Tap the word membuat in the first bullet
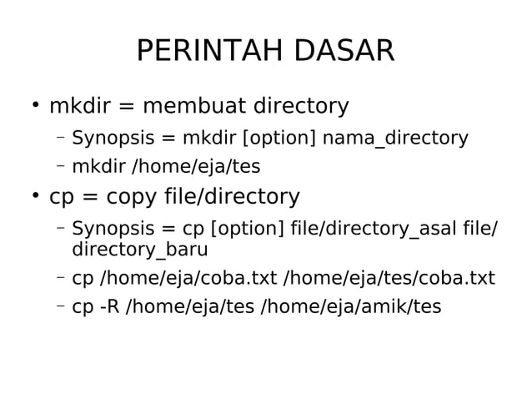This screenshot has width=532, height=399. click(196, 107)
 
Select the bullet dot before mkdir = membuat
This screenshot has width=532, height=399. click(35, 106)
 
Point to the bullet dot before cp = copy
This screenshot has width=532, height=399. click(35, 196)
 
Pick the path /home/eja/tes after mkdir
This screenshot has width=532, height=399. click(197, 167)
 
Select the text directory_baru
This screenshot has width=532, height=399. click(140, 250)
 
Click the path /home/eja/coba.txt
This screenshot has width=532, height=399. click(190, 278)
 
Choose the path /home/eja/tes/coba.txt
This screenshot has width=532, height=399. click(390, 278)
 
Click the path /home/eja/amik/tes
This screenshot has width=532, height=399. click(351, 307)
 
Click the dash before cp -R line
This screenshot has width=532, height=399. click(61, 306)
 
